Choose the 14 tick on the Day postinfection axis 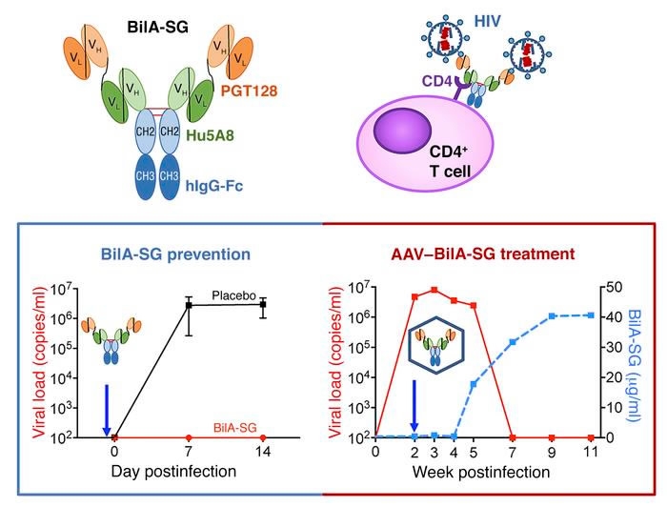[x=261, y=451]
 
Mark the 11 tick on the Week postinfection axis [x=590, y=451]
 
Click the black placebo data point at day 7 [x=189, y=305]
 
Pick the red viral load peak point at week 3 [x=435, y=290]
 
